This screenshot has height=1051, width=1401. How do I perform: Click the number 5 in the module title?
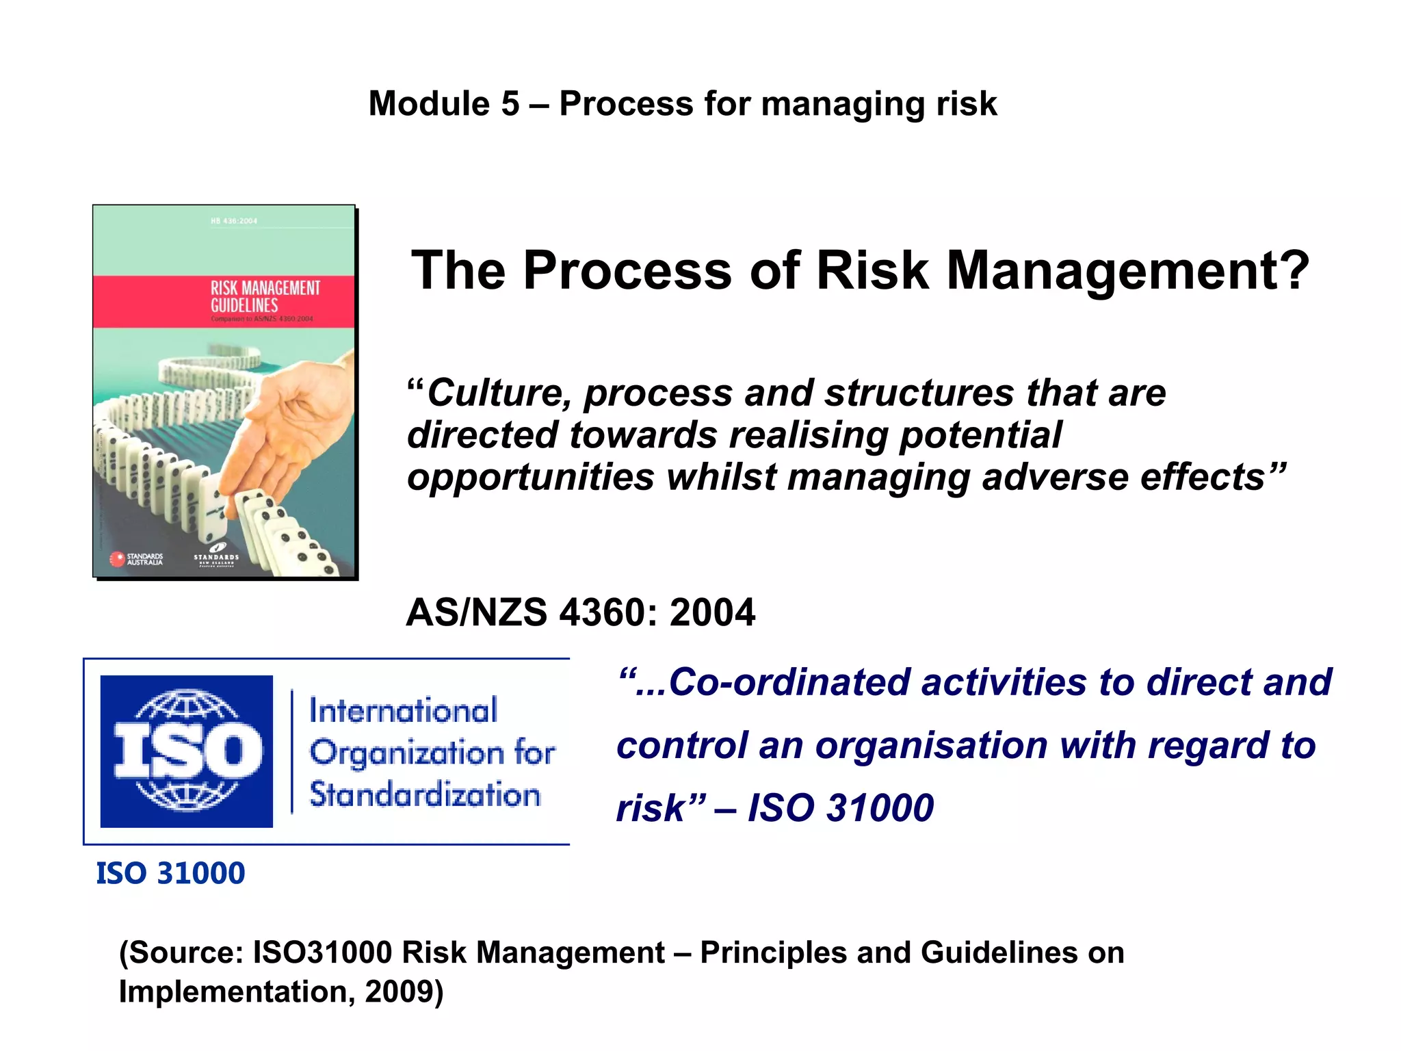tap(510, 104)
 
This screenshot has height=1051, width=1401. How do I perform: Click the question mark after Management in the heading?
tap(1291, 270)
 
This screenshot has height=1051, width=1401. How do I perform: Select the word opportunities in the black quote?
tap(530, 477)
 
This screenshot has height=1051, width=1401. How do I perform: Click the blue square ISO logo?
tap(186, 751)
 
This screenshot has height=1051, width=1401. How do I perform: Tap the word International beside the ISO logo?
tap(403, 710)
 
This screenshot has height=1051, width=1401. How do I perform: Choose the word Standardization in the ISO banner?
tap(425, 794)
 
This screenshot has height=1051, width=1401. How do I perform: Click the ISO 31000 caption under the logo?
tap(170, 873)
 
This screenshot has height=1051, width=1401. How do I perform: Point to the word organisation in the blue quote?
tap(931, 745)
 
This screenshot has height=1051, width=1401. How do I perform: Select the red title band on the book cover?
tap(224, 301)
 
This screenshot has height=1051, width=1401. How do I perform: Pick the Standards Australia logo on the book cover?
tap(138, 559)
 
